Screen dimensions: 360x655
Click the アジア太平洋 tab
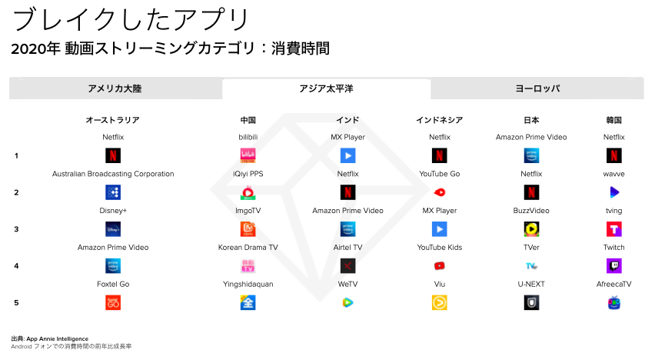(326, 88)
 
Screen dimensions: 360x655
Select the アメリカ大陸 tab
(115, 88)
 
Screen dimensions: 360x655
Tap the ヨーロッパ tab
(537, 88)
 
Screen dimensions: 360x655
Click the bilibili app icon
(248, 155)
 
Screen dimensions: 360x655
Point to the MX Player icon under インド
(347, 155)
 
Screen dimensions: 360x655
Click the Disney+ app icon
(113, 229)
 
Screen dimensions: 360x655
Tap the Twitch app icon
(613, 266)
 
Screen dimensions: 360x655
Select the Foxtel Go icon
(113, 303)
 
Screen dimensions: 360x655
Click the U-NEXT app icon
(531, 303)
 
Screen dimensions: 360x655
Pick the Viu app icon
(440, 303)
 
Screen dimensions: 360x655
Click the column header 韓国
(613, 120)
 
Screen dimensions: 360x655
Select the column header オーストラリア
(113, 120)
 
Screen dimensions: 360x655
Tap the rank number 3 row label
(16, 229)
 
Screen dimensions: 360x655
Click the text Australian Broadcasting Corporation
(113, 174)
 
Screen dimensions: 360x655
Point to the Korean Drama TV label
(248, 248)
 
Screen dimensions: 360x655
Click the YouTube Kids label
(440, 248)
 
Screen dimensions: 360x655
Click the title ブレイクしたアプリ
(131, 18)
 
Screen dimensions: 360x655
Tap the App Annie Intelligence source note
(50, 338)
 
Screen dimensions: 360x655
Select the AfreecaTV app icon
(613, 303)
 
